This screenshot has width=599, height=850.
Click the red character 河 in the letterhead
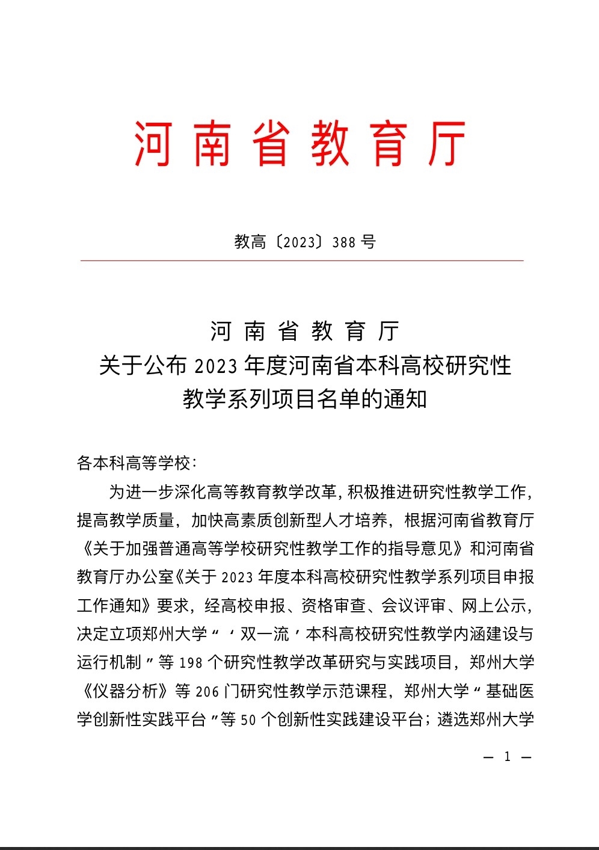point(153,143)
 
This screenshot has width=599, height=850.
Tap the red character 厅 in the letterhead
point(446,143)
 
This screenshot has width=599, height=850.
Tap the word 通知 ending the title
point(406,398)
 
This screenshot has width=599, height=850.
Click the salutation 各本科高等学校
point(134,463)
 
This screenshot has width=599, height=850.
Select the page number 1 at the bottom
point(507,757)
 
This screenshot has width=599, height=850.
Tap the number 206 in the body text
point(207,692)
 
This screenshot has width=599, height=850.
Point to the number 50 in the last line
point(248,720)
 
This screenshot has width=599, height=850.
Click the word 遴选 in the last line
point(453,719)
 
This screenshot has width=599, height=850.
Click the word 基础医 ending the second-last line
point(511,691)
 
